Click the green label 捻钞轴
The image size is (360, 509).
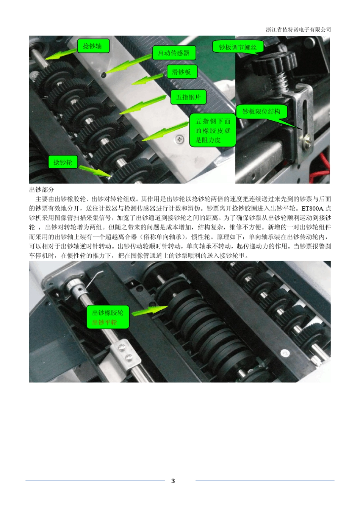pos(93,46)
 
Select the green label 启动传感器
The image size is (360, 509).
pos(174,53)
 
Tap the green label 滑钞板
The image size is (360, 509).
pos(182,72)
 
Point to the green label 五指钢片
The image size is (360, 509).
pos(188,97)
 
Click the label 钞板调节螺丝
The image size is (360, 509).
pos(238,47)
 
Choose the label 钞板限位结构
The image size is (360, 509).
pos(261,111)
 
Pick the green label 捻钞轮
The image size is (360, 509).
pos(63,162)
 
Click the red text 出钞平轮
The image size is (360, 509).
pos(105,323)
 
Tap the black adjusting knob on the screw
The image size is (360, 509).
pos(275,63)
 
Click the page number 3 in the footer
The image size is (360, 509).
pos(173,481)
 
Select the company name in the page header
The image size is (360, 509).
pos(298,30)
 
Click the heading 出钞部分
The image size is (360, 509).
pos(42,189)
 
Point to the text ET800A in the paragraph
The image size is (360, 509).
pos(313,208)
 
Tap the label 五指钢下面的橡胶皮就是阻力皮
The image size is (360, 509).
pos(213,131)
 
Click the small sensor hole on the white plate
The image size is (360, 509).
pos(103,75)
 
